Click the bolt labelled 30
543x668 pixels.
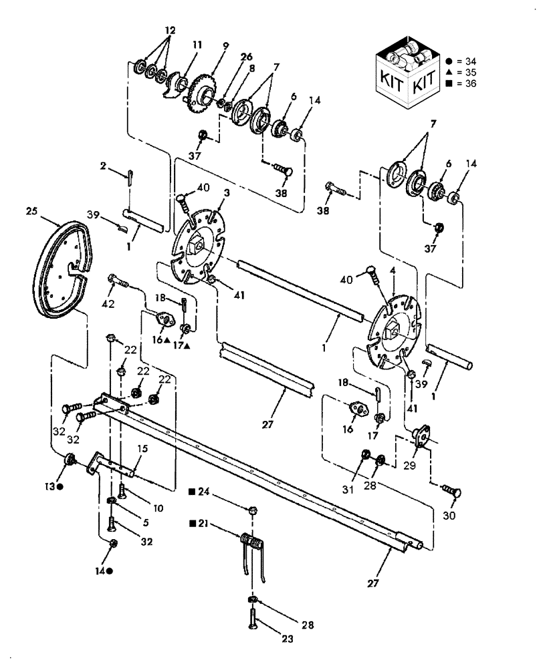(x=449, y=490)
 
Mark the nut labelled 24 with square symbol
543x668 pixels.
(x=251, y=510)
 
